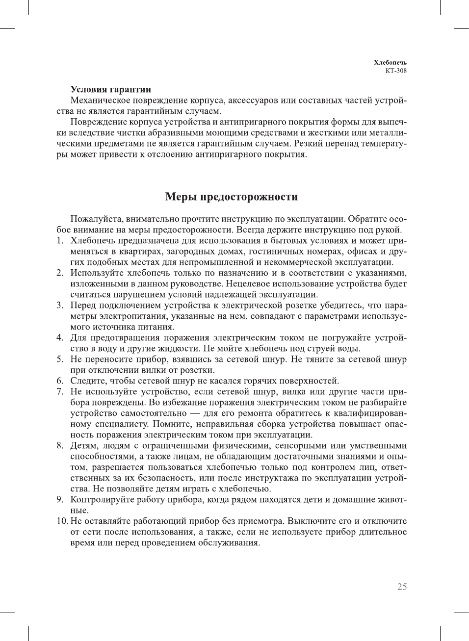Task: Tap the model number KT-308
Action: pos(396,71)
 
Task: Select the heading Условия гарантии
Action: pos(110,89)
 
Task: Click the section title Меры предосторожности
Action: pos(232,197)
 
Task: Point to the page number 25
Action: pos(402,587)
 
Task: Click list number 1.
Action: pos(59,241)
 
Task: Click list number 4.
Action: pos(59,338)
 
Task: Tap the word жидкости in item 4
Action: pos(179,349)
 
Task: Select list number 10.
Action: pos(61,521)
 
